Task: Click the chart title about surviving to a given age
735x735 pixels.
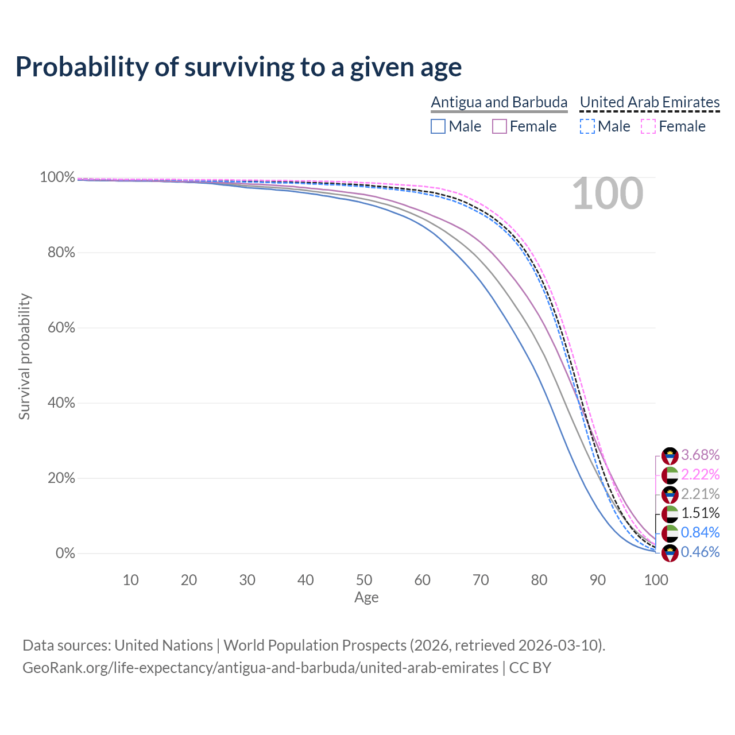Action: (238, 67)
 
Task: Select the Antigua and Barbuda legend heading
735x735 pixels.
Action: (499, 102)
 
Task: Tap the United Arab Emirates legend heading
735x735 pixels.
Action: (649, 102)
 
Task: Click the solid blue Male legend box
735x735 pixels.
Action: (438, 126)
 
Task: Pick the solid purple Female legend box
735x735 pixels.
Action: (500, 126)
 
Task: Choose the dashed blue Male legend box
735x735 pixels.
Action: (587, 126)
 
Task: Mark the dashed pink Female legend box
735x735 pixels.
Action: (648, 126)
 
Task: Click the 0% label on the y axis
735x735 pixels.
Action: (65, 554)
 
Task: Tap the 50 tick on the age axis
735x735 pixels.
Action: (364, 580)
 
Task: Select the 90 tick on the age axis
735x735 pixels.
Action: (598, 580)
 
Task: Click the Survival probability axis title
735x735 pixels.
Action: (24, 357)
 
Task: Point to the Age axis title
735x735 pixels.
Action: (366, 598)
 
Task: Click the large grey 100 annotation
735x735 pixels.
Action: (608, 194)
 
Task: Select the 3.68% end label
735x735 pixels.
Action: (700, 455)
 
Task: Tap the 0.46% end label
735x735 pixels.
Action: (700, 552)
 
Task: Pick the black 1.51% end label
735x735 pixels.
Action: (700, 513)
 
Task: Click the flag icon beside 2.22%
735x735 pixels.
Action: (670, 475)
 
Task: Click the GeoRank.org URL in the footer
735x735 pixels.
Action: (260, 668)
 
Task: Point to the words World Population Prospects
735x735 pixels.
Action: (315, 645)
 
